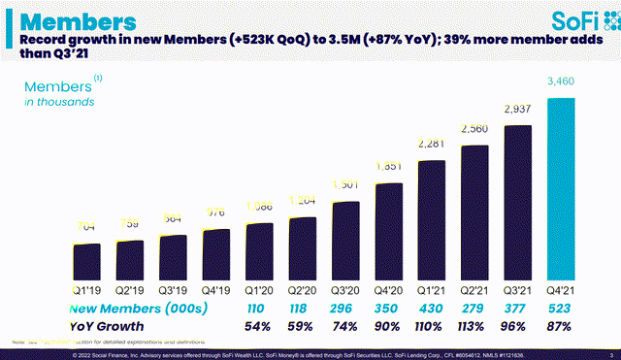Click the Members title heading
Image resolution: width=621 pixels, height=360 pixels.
click(78, 19)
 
